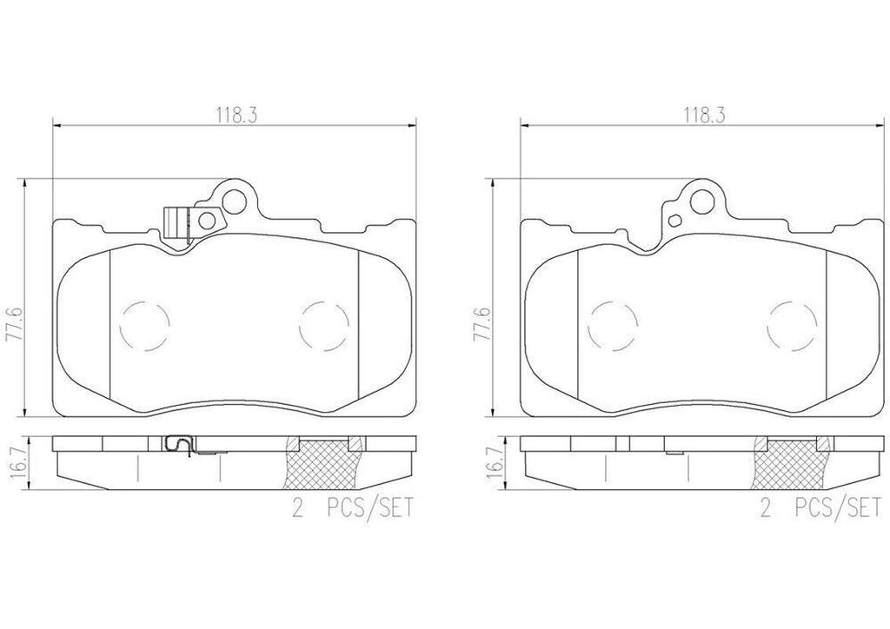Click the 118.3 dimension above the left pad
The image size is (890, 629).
[231, 114]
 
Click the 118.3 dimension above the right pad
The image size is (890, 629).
[697, 114]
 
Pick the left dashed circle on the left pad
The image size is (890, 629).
[140, 328]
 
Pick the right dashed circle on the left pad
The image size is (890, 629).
[321, 328]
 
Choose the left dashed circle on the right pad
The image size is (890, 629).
[608, 328]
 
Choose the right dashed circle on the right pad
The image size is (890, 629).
[788, 328]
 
